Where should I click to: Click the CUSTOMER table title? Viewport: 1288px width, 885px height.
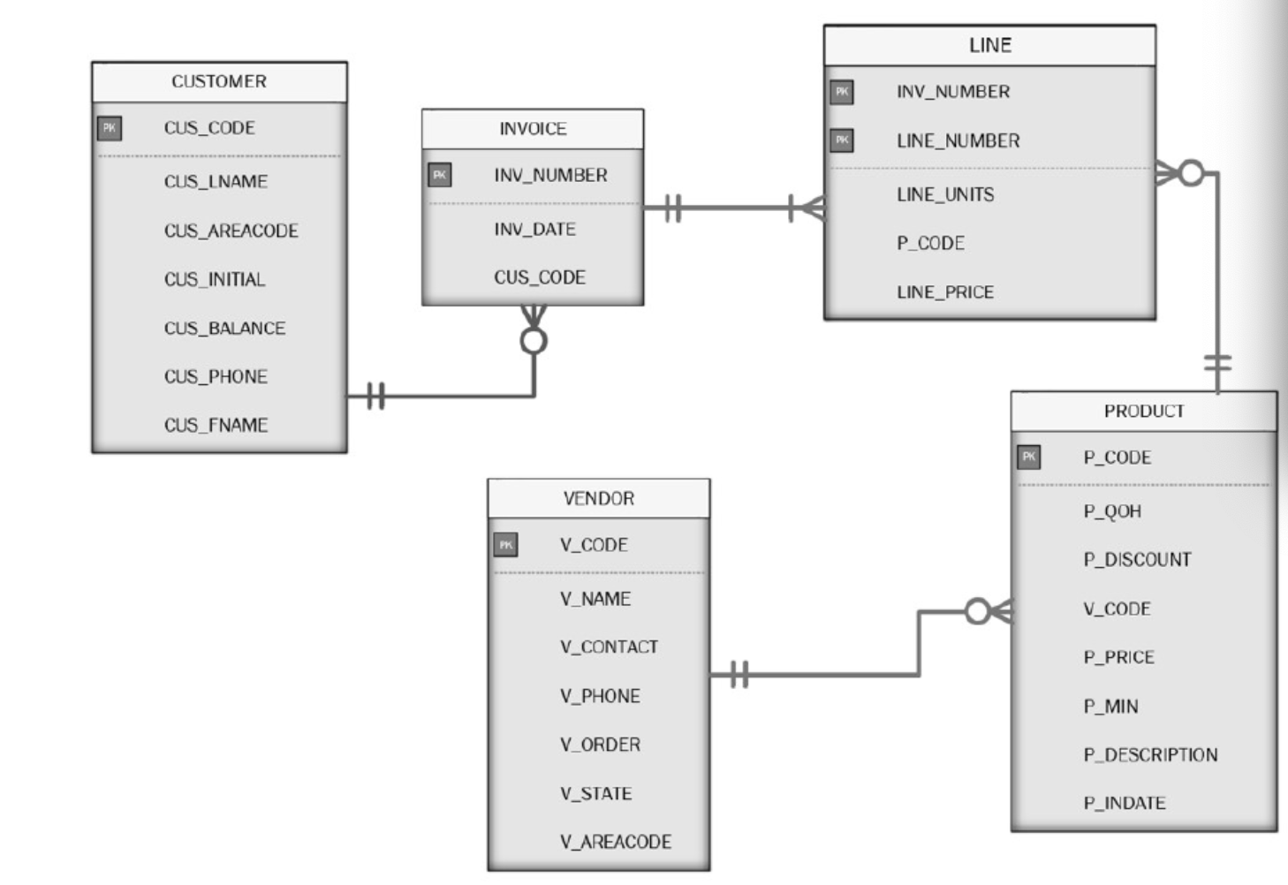[219, 81]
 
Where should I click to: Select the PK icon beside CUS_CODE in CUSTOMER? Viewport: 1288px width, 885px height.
[109, 128]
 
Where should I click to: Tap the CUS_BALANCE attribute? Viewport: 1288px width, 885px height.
[224, 328]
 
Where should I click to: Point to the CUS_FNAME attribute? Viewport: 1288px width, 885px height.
[216, 425]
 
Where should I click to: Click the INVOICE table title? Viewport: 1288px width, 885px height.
[533, 129]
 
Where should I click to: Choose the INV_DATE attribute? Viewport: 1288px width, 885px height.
[534, 230]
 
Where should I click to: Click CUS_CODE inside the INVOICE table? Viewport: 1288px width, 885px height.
[539, 277]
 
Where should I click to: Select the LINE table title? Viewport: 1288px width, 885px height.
[989, 45]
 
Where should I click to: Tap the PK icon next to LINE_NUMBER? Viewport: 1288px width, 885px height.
[841, 140]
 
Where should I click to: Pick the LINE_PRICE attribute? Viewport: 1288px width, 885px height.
[944, 292]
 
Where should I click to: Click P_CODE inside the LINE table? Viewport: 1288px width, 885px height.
[930, 243]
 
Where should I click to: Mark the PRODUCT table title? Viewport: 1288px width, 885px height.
[1143, 411]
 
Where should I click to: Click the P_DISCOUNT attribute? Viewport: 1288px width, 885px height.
[1137, 560]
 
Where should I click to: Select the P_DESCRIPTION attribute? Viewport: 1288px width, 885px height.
[1150, 755]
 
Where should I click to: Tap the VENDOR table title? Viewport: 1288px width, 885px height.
[598, 498]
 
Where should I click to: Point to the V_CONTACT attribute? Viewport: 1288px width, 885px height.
[609, 647]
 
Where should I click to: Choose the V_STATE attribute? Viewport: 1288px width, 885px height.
[595, 793]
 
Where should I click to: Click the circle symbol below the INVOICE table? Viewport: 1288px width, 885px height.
[534, 341]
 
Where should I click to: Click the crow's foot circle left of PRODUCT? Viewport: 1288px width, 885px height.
[977, 611]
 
